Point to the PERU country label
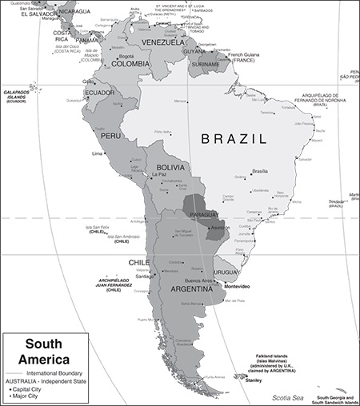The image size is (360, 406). (x=110, y=137)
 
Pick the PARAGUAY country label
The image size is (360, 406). (x=203, y=215)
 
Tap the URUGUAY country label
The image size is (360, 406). (x=226, y=271)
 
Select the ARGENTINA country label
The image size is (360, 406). (x=191, y=289)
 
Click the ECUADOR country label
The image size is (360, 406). (x=100, y=93)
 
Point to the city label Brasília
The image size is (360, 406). (x=260, y=171)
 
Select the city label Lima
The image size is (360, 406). (x=98, y=153)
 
